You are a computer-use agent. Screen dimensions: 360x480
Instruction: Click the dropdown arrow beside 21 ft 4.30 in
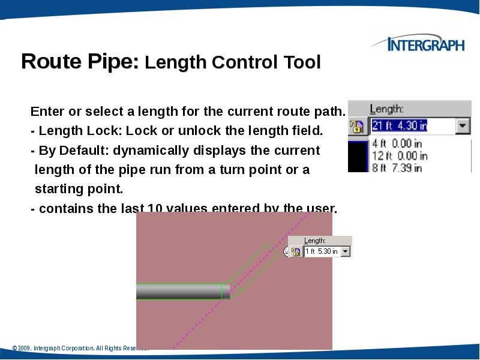click(x=463, y=127)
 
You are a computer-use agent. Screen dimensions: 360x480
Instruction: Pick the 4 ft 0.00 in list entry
click(x=397, y=143)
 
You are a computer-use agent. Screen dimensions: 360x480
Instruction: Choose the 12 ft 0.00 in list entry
click(x=399, y=155)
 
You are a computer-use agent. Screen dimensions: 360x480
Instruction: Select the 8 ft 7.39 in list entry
click(x=397, y=167)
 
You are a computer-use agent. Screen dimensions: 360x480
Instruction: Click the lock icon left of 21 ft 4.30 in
click(x=357, y=127)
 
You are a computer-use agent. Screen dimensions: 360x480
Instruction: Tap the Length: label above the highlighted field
click(x=386, y=109)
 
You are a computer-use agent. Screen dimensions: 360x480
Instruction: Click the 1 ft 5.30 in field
click(x=322, y=252)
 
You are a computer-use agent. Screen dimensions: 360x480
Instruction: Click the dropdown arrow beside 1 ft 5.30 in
click(x=345, y=252)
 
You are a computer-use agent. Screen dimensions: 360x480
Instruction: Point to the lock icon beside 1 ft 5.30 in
click(x=296, y=252)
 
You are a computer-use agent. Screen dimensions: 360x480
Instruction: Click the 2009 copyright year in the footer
click(x=25, y=348)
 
